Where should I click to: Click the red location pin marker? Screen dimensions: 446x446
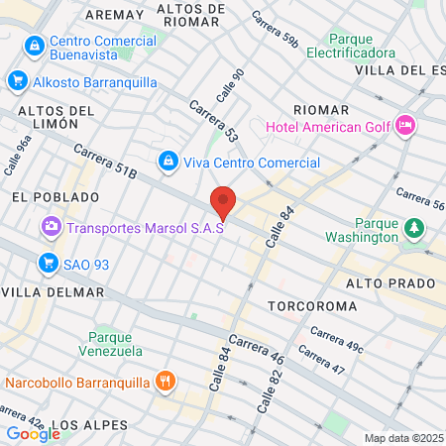pos(224,202)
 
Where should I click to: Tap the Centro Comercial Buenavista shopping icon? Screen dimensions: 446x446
pos(35,45)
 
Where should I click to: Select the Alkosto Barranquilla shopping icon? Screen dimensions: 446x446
pos(17,81)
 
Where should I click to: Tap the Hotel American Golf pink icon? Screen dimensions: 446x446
pos(405,126)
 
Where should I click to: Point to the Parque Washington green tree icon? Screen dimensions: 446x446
pos(413,229)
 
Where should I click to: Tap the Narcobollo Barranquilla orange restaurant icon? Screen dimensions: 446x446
pos(166,381)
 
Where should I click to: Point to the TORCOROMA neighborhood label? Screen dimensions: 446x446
pos(312,306)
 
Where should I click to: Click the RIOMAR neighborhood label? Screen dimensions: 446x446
pos(321,109)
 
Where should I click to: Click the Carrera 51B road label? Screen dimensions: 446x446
pos(104,162)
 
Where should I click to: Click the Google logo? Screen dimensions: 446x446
pos(33,433)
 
